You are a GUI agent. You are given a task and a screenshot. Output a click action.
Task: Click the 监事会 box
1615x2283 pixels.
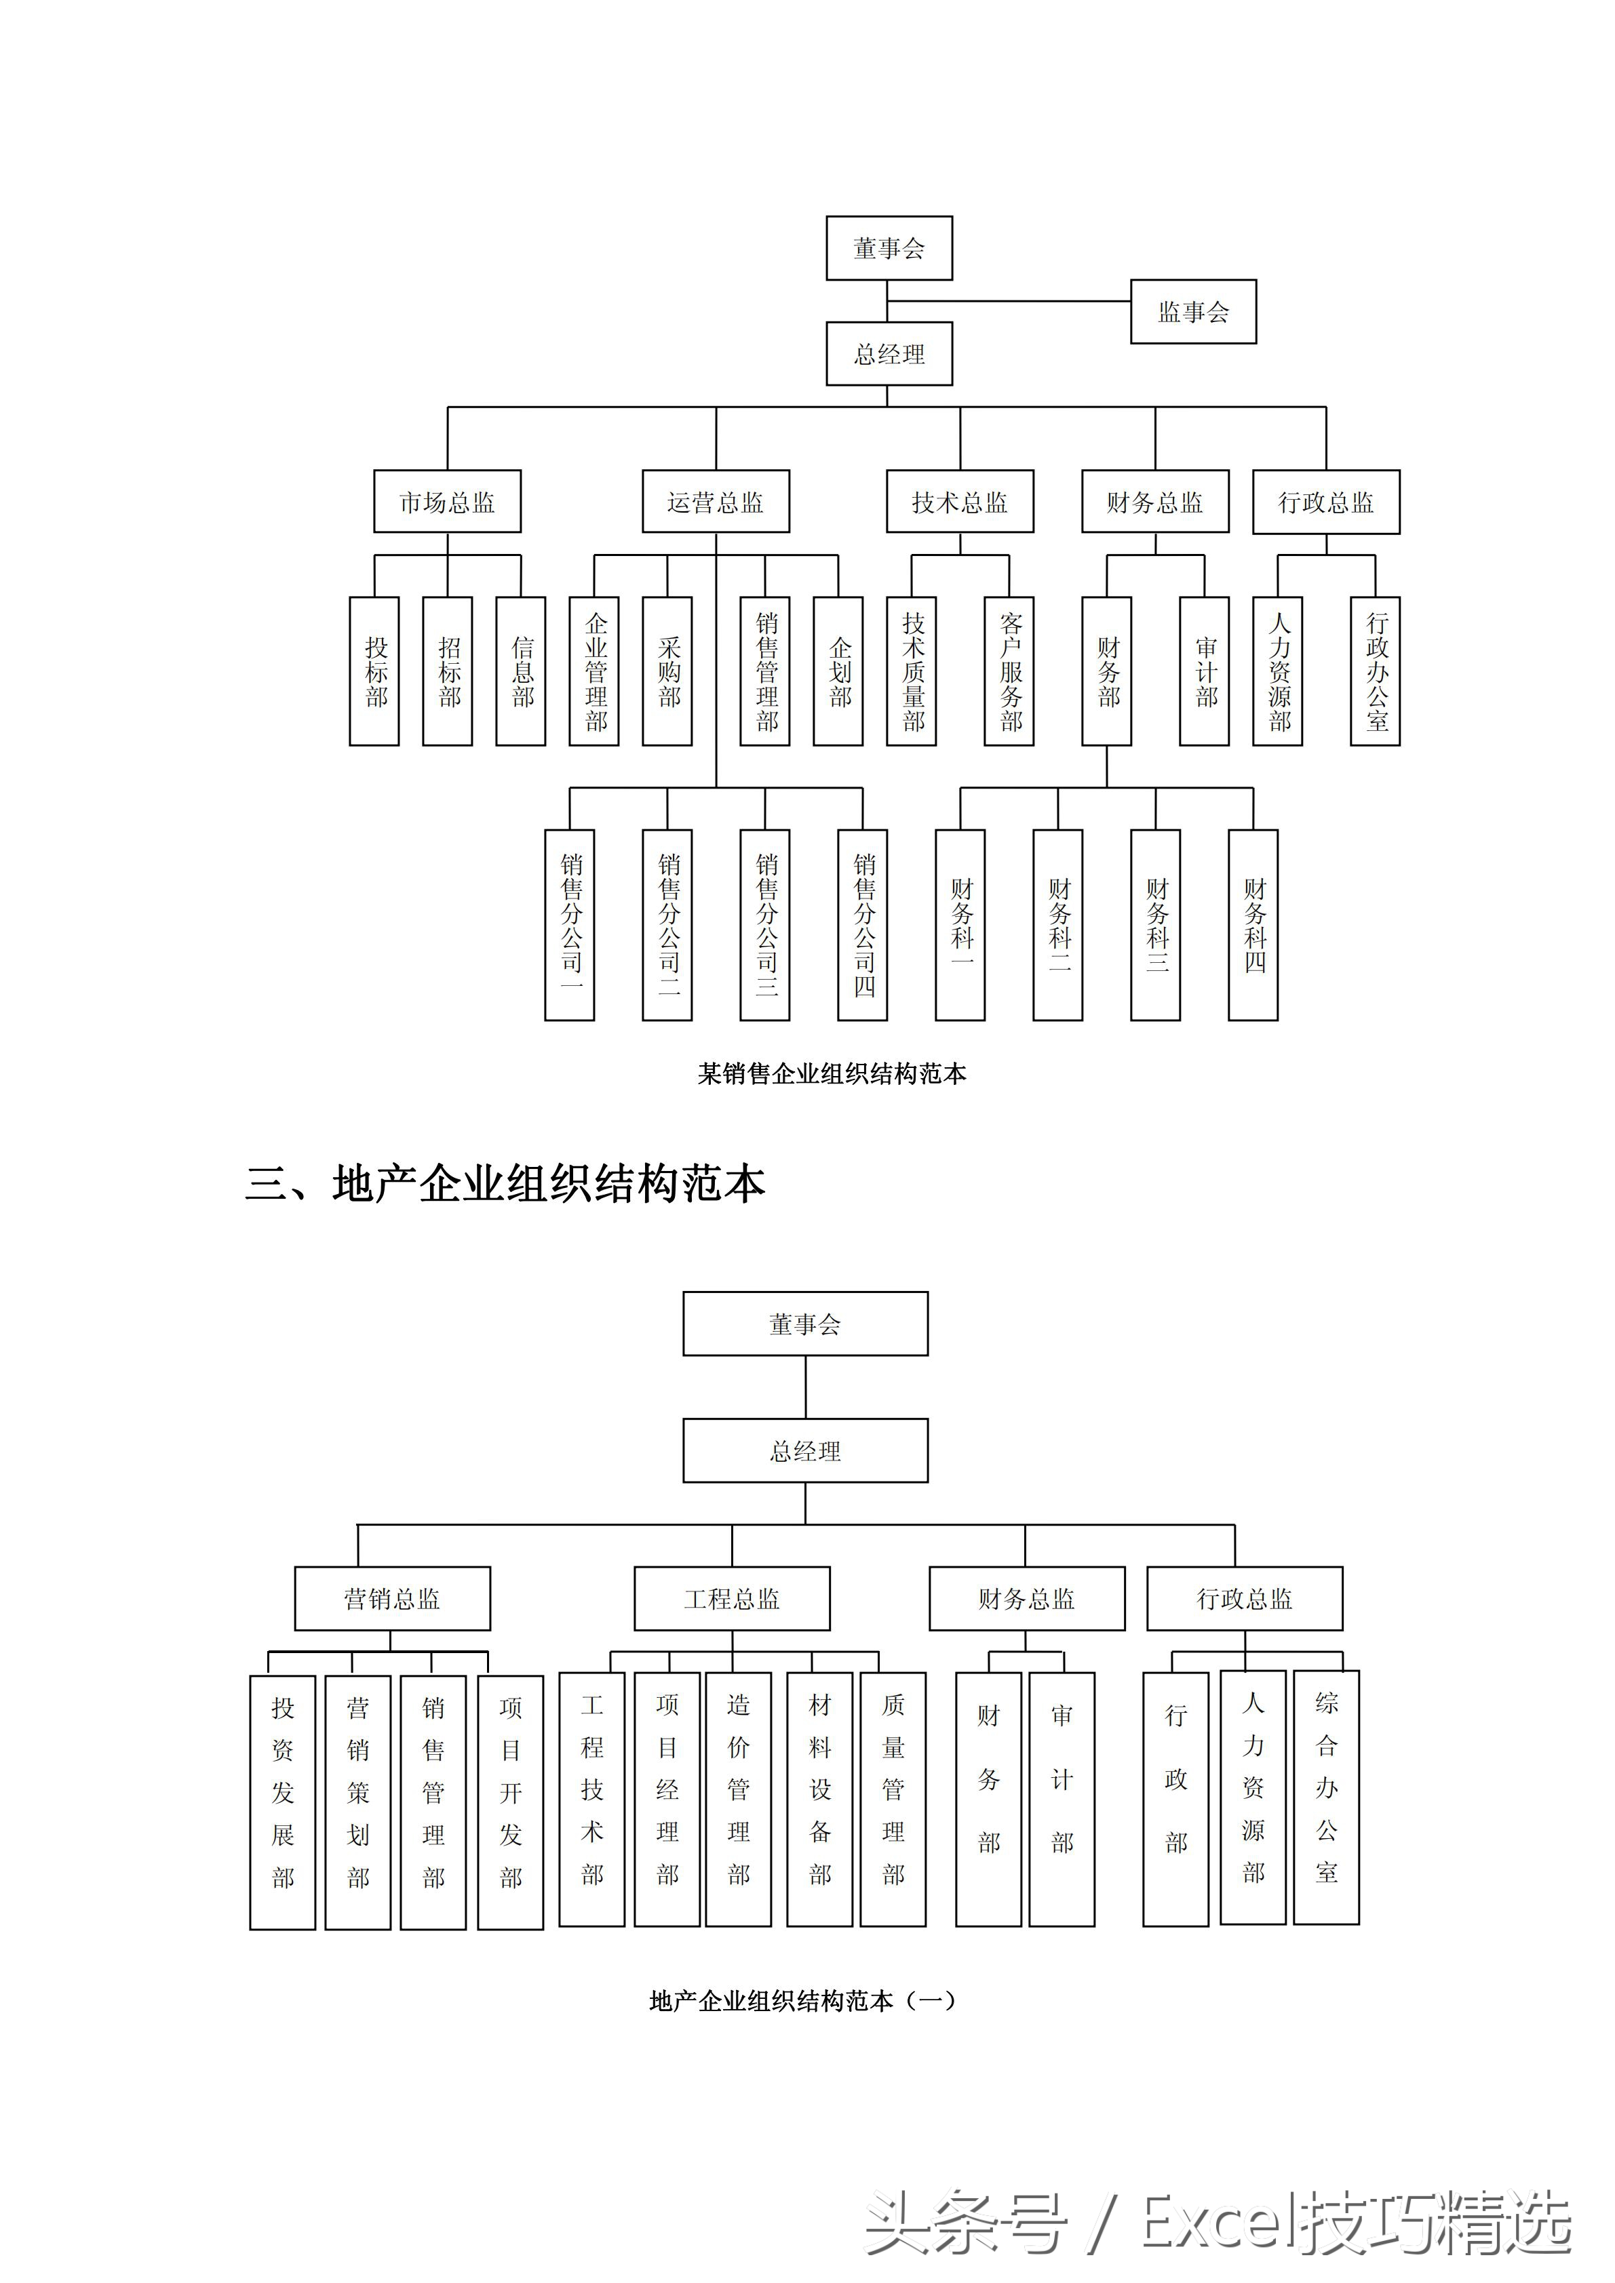click(1192, 312)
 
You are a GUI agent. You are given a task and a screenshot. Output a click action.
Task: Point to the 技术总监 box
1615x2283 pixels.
click(960, 502)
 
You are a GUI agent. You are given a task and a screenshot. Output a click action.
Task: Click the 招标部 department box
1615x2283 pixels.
click(448, 671)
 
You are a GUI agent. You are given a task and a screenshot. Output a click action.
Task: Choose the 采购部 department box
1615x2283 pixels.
click(667, 671)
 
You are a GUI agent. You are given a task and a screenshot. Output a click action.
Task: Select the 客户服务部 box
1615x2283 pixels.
click(1009, 671)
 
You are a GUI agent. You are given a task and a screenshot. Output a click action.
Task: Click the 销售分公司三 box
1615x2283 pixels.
click(764, 925)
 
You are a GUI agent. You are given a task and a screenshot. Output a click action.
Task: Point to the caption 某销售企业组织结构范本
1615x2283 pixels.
click(832, 1074)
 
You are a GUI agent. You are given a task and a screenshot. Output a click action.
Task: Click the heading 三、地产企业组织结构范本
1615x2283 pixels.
click(505, 1183)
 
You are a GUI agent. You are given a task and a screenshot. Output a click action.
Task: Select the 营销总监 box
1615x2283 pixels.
click(392, 1599)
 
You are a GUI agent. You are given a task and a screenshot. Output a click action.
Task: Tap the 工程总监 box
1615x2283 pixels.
click(732, 1599)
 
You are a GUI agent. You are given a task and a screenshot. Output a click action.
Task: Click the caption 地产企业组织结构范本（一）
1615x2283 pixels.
click(802, 2001)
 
